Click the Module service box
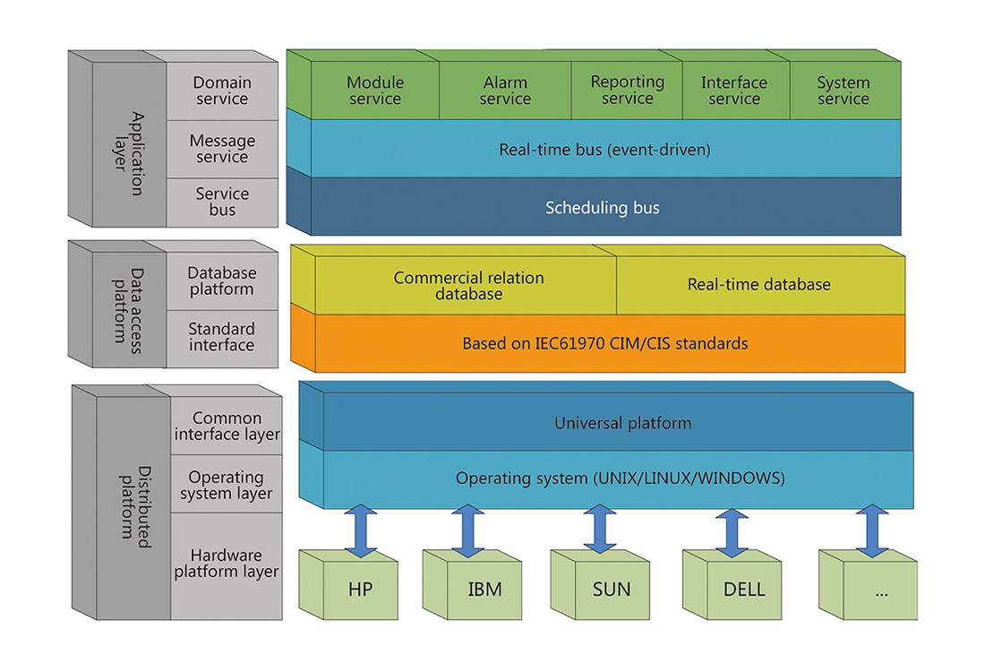pyautogui.click(x=374, y=90)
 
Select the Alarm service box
pyautogui.click(x=505, y=90)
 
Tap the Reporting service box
pyautogui.click(x=627, y=90)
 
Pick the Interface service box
pyautogui.click(x=734, y=90)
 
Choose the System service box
pyautogui.click(x=843, y=90)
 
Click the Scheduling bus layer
pyautogui.click(x=602, y=208)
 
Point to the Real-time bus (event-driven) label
pyautogui.click(x=604, y=150)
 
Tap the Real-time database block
pyautogui.click(x=758, y=285)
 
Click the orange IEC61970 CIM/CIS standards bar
pyautogui.click(x=604, y=343)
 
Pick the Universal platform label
pyautogui.click(x=622, y=423)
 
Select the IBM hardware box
pyautogui.click(x=484, y=590)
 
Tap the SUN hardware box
pyautogui.click(x=612, y=590)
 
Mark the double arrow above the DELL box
pyautogui.click(x=732, y=531)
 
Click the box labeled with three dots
pyautogui.click(x=880, y=590)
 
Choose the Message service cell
pyautogui.click(x=222, y=149)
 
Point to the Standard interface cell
pyautogui.click(x=221, y=337)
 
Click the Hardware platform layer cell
pyautogui.click(x=227, y=564)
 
